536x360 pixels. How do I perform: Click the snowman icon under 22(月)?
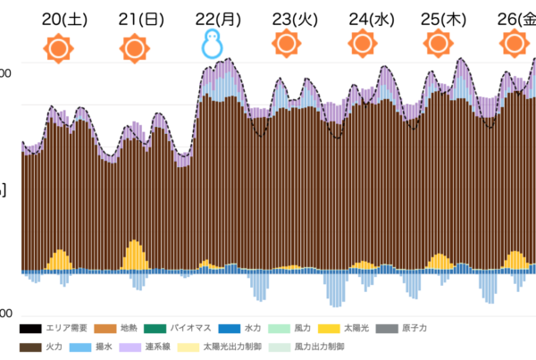click(x=212, y=43)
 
